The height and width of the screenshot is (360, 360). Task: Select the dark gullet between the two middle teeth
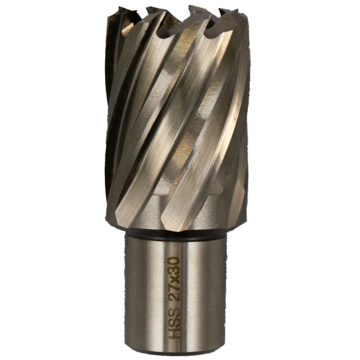(172, 24)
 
